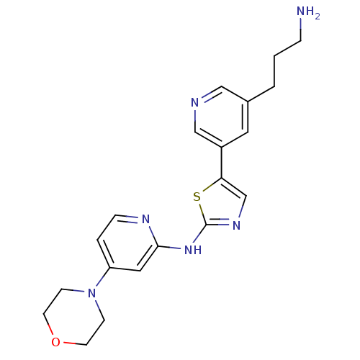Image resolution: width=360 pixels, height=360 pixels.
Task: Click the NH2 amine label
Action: [x=308, y=12]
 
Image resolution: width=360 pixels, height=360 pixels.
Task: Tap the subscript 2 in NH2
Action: [x=318, y=17]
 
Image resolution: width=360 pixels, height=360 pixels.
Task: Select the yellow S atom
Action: [x=197, y=197]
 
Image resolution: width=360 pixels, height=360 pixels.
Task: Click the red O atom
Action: [x=55, y=342]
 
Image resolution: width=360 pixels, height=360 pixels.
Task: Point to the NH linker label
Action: [x=193, y=250]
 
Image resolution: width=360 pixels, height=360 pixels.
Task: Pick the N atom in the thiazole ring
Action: [x=236, y=225]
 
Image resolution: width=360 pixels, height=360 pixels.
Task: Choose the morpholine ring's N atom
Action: [x=91, y=293]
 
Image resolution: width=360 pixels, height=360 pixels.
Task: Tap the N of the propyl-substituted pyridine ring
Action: [x=195, y=102]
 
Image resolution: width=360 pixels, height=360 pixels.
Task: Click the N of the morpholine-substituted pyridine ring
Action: [x=145, y=219]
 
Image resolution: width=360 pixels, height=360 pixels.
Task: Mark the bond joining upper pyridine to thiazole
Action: [x=222, y=163]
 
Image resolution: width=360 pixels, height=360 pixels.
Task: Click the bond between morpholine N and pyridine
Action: [x=103, y=277]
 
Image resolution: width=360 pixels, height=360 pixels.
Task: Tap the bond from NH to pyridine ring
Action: [x=169, y=247]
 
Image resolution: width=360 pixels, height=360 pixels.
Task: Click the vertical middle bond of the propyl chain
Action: [x=274, y=71]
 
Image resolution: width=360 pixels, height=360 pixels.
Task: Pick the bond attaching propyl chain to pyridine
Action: [x=261, y=94]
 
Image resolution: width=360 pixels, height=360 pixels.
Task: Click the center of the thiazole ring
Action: [x=222, y=206]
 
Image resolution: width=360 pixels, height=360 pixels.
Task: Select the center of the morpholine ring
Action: [x=74, y=317]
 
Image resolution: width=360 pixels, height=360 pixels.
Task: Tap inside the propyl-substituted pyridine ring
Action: [x=221, y=117]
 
